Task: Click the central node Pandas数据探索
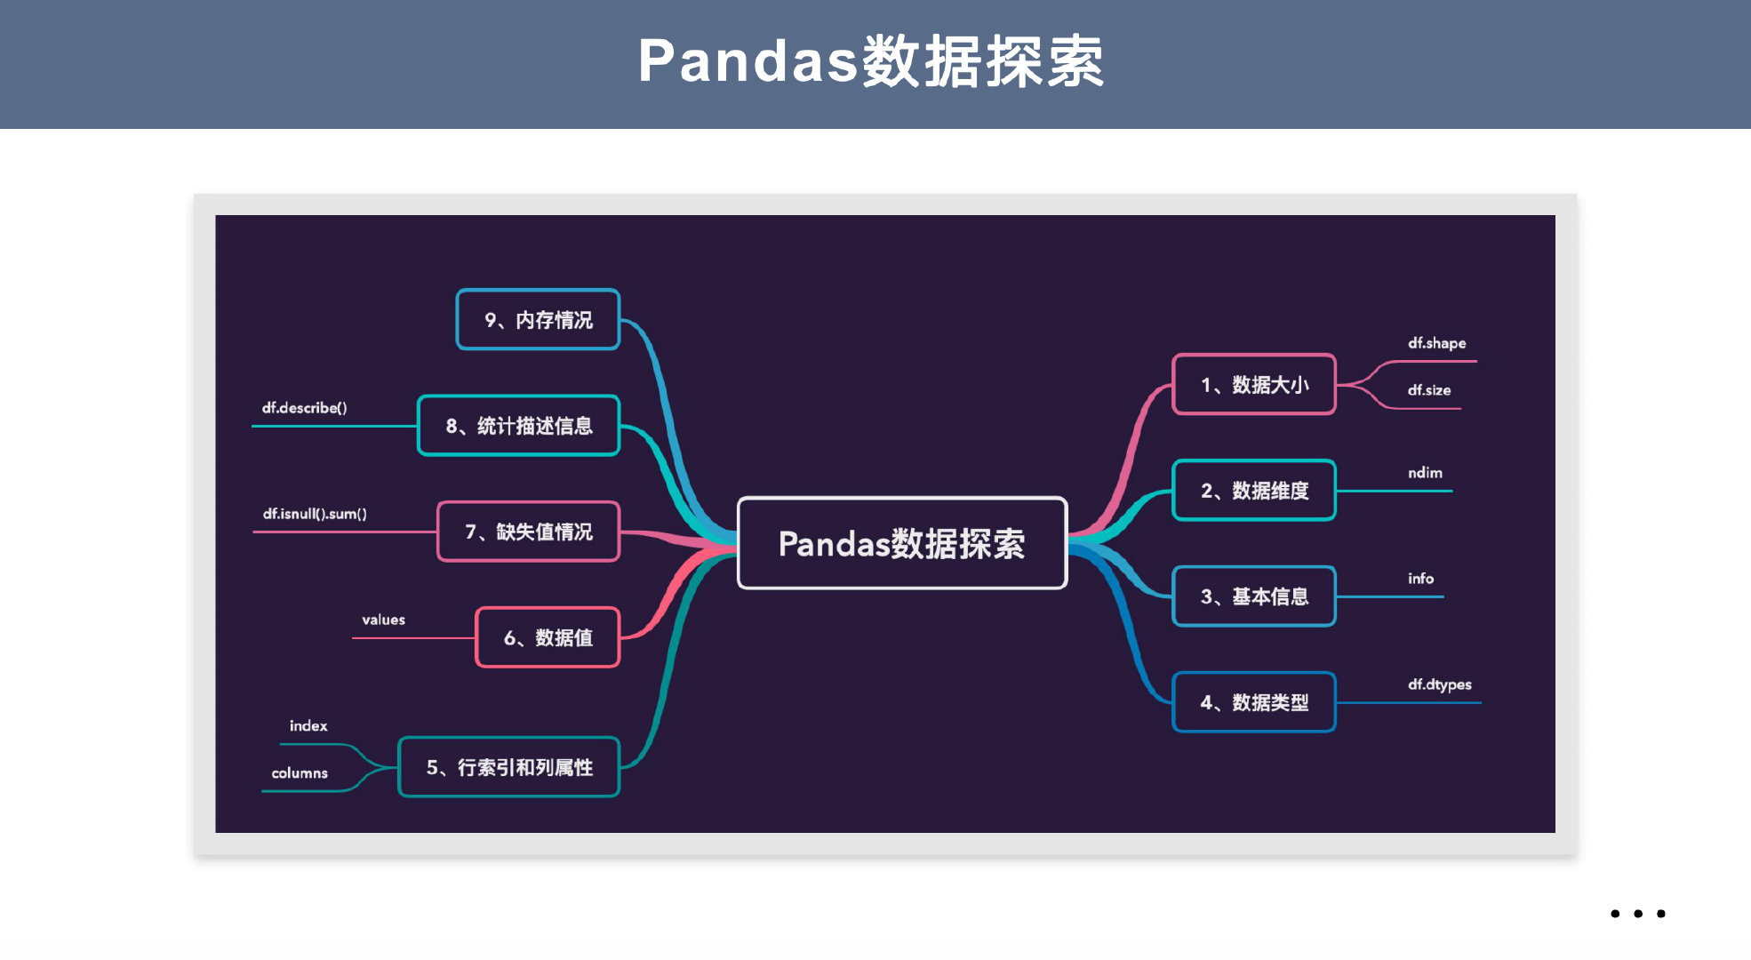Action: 901,543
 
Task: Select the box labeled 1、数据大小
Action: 1253,385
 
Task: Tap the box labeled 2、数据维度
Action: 1253,491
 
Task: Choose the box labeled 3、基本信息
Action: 1253,596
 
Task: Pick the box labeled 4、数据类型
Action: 1253,702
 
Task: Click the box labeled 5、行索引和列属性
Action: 508,767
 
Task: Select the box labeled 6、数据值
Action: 548,637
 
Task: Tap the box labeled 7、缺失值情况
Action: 528,532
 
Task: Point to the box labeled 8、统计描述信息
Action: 518,426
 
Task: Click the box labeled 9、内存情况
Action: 538,320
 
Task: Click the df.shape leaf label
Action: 1436,343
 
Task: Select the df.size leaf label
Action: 1428,390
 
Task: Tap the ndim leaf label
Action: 1425,473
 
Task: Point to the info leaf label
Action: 1420,579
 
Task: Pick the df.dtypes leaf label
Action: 1439,684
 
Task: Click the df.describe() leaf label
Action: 304,408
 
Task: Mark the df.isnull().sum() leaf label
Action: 314,514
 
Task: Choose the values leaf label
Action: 383,620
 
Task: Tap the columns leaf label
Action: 300,773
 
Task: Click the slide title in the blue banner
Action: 871,62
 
